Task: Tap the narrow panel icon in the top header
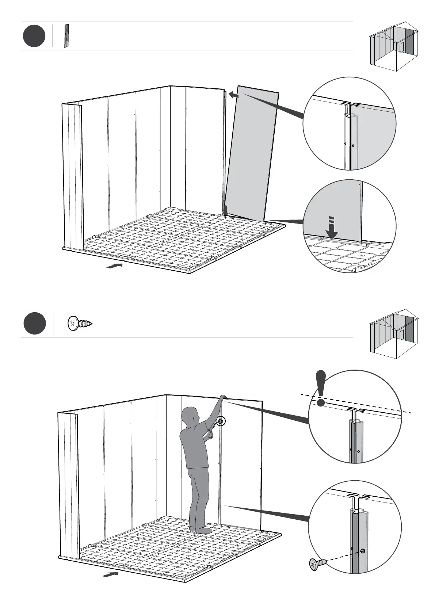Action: point(66,36)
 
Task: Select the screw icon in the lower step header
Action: point(80,324)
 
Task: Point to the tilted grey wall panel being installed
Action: point(252,153)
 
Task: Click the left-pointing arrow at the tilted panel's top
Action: point(234,95)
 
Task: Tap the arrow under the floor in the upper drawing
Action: point(114,266)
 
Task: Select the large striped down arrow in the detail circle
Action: point(332,228)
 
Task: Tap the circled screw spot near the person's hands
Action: point(221,421)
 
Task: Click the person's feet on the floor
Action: point(201,530)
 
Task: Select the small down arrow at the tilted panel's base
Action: point(226,211)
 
